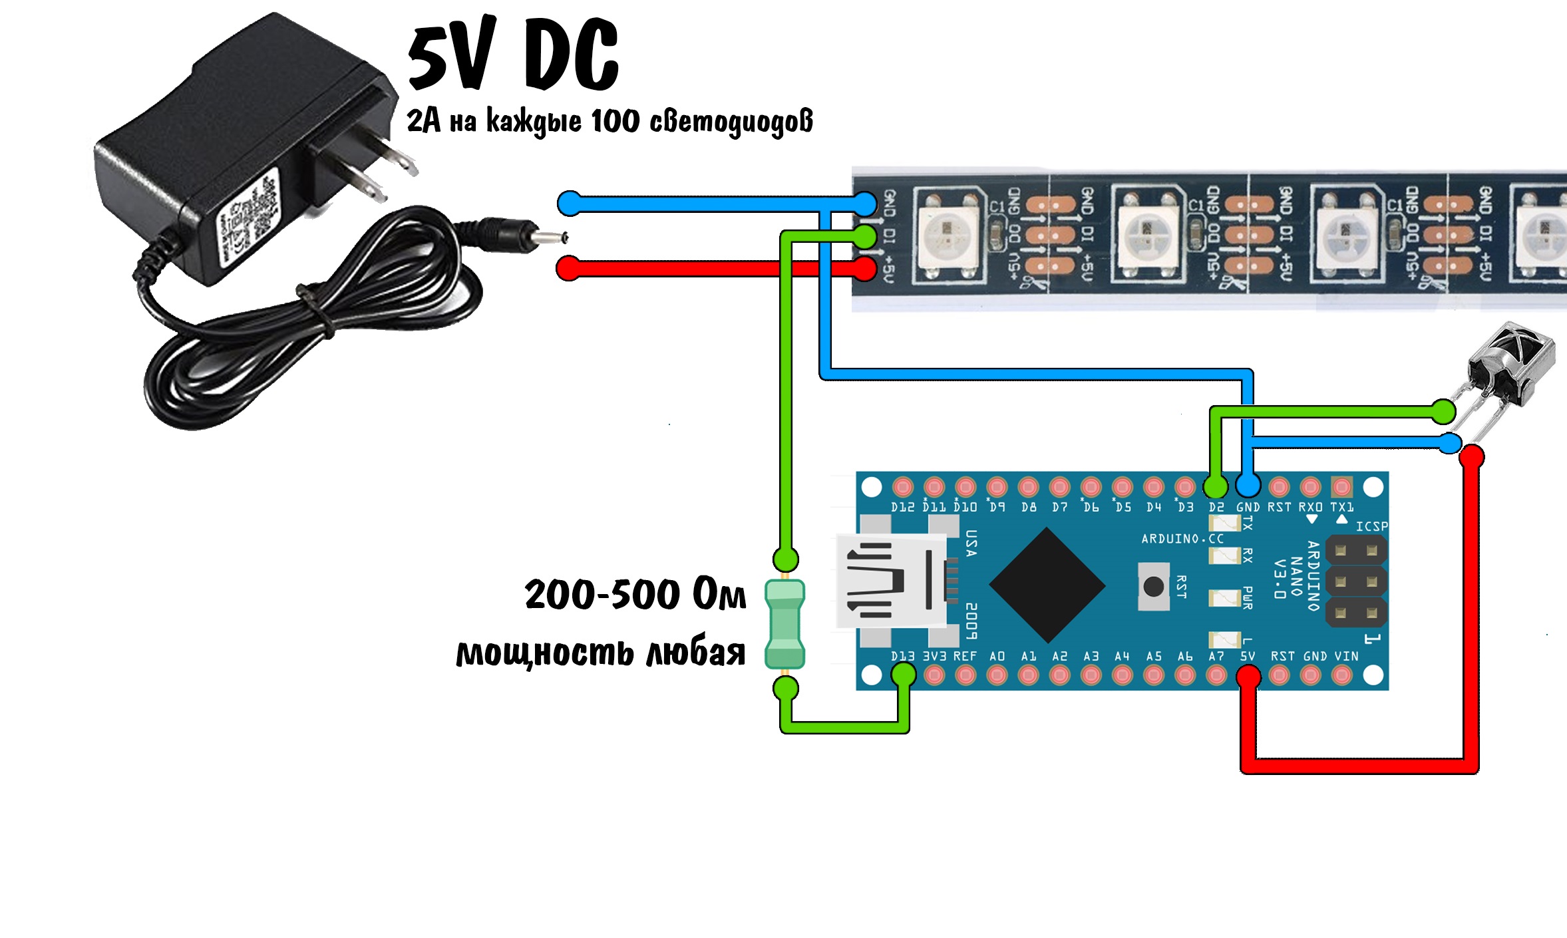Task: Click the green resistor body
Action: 785,624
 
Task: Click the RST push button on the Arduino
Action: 1153,586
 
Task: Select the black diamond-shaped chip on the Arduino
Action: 1047,585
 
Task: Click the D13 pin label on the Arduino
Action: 902,656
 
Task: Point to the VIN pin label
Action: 1346,656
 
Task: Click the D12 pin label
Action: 902,507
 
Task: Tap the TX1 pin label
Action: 1341,507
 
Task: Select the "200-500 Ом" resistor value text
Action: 635,594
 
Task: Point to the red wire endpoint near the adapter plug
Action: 568,269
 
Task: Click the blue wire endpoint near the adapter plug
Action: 570,203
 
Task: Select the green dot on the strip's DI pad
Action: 864,235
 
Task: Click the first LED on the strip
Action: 947,234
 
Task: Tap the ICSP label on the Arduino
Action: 1371,526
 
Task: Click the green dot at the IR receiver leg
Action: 1443,412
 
